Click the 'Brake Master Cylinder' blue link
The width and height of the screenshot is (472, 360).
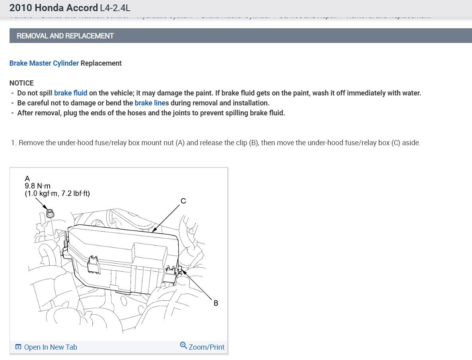44,63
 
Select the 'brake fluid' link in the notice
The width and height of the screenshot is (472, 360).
70,93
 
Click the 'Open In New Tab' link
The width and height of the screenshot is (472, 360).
51,347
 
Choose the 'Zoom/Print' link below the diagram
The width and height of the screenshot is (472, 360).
207,347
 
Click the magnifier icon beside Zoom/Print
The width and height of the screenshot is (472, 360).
183,345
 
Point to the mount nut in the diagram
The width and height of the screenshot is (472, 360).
50,213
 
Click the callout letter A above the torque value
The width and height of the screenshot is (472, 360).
27,178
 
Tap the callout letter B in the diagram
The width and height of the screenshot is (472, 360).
216,303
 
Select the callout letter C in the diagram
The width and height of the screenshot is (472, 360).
183,201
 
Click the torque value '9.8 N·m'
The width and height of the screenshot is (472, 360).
37,186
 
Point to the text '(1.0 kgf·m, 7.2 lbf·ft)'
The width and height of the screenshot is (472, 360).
57,194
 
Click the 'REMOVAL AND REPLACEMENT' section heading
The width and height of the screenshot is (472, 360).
65,36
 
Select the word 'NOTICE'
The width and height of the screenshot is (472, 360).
21,83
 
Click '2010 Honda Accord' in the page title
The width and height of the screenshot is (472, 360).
53,8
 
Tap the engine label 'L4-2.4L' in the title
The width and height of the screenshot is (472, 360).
115,8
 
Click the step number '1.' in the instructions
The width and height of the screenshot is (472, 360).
14,143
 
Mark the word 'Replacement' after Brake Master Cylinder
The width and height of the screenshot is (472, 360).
101,63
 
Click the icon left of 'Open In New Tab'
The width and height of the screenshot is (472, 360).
18,347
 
